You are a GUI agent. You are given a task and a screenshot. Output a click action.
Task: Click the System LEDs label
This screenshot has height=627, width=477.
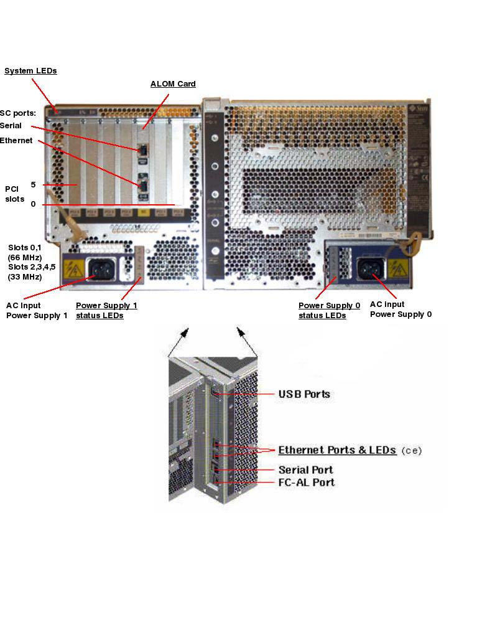point(30,71)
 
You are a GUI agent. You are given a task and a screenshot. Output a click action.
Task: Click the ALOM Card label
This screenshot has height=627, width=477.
point(173,84)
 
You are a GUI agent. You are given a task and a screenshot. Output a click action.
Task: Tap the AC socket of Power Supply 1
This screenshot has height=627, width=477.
point(100,268)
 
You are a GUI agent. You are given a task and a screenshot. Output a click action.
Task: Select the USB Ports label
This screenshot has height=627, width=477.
point(303,394)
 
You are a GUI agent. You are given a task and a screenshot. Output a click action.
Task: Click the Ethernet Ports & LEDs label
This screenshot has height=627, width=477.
point(337,450)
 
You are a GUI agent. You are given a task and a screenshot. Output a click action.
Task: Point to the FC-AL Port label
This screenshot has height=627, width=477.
point(306,483)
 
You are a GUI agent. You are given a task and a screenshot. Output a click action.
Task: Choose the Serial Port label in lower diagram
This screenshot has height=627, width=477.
point(305,469)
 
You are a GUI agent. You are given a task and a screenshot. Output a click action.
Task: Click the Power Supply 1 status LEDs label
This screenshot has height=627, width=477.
point(106,310)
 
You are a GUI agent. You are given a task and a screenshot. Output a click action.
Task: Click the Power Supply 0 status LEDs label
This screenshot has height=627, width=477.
point(329,310)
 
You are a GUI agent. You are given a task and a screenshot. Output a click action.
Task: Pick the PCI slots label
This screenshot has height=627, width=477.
point(14,194)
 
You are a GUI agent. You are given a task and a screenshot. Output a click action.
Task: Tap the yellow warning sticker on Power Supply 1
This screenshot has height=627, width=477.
point(75,270)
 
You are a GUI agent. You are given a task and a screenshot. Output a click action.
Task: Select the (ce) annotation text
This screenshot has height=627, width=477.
point(411,450)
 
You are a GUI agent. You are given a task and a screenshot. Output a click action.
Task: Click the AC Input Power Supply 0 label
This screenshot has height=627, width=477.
point(401,309)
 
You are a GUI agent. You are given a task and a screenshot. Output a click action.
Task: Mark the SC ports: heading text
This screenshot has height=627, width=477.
point(17,113)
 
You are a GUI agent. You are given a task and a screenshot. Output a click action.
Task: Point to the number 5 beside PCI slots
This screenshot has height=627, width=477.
point(33,184)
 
